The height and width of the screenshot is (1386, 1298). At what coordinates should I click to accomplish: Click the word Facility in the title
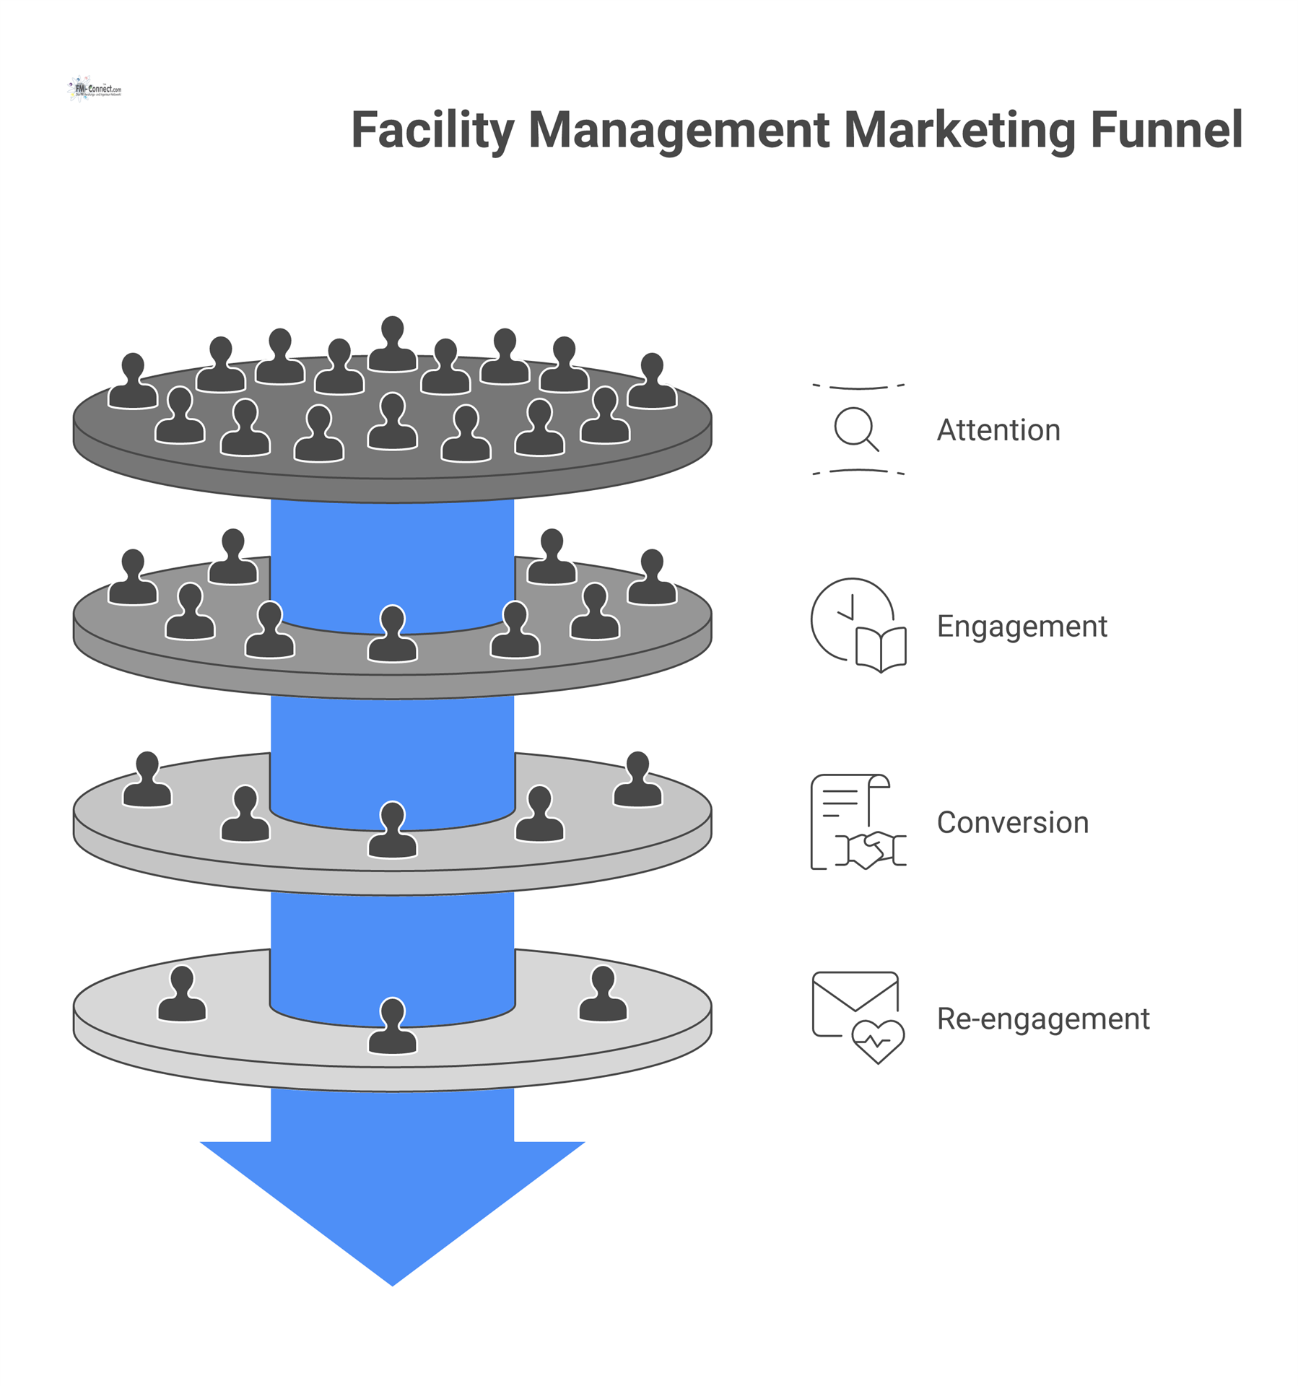[432, 131]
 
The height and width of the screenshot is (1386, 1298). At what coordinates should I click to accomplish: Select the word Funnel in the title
[1165, 131]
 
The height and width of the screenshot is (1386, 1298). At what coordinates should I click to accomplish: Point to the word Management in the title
[679, 131]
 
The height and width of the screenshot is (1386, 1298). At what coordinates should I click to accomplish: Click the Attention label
[998, 430]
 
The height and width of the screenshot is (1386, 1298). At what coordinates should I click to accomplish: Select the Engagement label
[1021, 626]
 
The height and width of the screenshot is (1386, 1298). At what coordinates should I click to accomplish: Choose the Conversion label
[1012, 822]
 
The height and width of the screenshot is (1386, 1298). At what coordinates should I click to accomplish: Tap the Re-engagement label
[1042, 1019]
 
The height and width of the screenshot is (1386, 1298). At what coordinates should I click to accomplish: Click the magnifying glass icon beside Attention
[856, 430]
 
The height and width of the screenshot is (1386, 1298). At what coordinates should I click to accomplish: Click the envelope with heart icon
[858, 1017]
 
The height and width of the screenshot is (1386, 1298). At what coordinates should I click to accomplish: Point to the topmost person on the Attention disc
[392, 345]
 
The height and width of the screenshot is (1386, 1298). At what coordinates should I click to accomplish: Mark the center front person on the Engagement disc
[392, 635]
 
